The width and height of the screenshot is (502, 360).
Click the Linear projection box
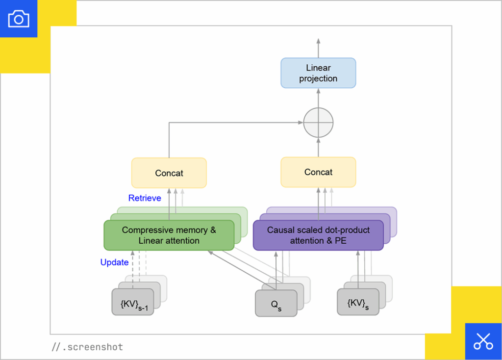coord(318,73)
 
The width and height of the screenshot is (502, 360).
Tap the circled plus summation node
coord(318,122)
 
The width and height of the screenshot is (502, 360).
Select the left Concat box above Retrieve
coord(169,173)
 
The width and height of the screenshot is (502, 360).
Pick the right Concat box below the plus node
coord(318,172)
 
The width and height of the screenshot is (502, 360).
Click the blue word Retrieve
coord(145,198)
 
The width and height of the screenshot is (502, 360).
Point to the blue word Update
coord(114,262)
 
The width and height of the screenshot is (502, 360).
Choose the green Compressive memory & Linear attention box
coord(169,235)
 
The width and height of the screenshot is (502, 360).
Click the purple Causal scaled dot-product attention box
coord(318,235)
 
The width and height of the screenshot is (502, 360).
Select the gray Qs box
coord(276,303)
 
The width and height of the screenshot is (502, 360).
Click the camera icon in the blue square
coord(19,19)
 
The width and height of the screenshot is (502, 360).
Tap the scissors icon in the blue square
coord(483,341)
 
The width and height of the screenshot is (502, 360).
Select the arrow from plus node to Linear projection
coord(318,98)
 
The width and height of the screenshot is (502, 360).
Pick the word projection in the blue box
coord(318,78)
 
